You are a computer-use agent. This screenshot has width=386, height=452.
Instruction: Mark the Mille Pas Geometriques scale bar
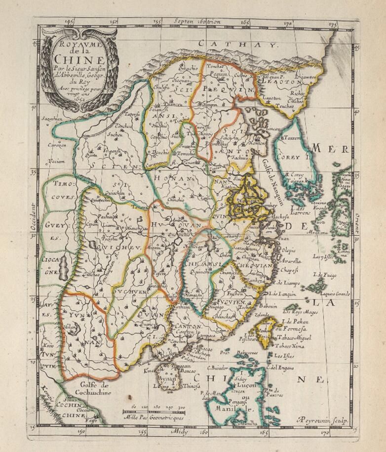pos(153,411)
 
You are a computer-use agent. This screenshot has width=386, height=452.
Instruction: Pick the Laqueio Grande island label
pos(335,293)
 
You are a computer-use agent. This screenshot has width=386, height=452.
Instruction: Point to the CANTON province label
pos(187,327)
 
